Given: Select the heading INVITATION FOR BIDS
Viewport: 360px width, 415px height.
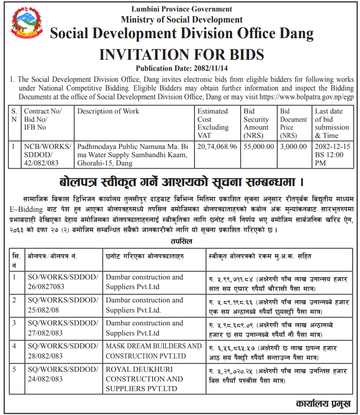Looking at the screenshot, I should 182,55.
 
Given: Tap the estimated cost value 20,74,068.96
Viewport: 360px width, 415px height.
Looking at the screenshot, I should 217,147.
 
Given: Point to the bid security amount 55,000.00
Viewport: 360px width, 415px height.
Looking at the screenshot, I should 259,147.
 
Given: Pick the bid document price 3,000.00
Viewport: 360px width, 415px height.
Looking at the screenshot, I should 293,147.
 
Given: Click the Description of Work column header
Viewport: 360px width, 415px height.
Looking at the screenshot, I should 108,111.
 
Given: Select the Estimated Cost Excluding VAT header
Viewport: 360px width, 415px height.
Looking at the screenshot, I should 212,123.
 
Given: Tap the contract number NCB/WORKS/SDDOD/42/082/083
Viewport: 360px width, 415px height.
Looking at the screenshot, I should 47,155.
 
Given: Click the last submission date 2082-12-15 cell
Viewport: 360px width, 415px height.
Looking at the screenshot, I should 332,155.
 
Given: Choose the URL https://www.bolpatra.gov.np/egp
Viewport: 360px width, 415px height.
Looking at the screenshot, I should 307,97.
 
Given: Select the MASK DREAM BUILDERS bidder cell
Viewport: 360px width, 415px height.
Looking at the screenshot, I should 154,351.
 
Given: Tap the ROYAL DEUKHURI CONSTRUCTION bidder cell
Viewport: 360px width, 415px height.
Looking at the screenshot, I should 144,379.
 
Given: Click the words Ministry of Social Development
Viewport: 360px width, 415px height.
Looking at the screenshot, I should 182,19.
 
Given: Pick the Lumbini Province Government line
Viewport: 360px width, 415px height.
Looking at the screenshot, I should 182,9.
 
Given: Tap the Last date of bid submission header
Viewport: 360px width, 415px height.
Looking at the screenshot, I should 332,123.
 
